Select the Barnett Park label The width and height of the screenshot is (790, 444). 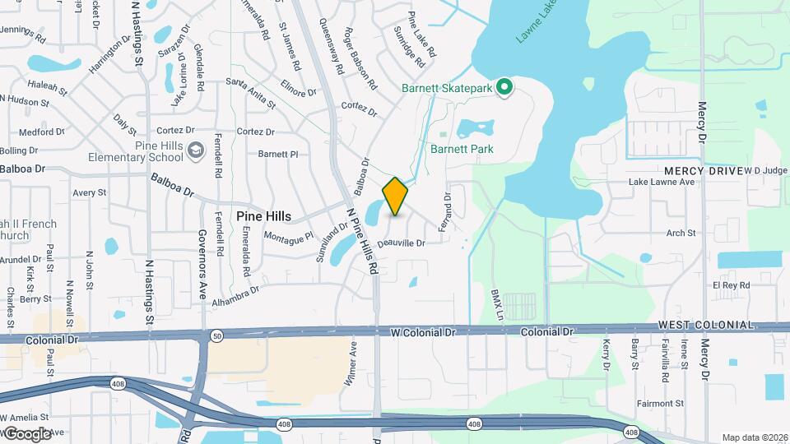click(x=462, y=149)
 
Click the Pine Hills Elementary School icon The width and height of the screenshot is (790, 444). click(x=196, y=150)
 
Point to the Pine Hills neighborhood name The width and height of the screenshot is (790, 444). click(x=263, y=215)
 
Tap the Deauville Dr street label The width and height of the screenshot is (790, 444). click(x=401, y=243)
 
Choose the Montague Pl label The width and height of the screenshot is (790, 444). click(x=289, y=236)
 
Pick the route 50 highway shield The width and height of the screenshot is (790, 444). click(x=216, y=336)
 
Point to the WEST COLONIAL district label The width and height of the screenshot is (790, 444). click(x=705, y=326)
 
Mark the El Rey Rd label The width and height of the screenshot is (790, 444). click(x=732, y=284)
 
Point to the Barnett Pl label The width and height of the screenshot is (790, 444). click(x=277, y=154)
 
